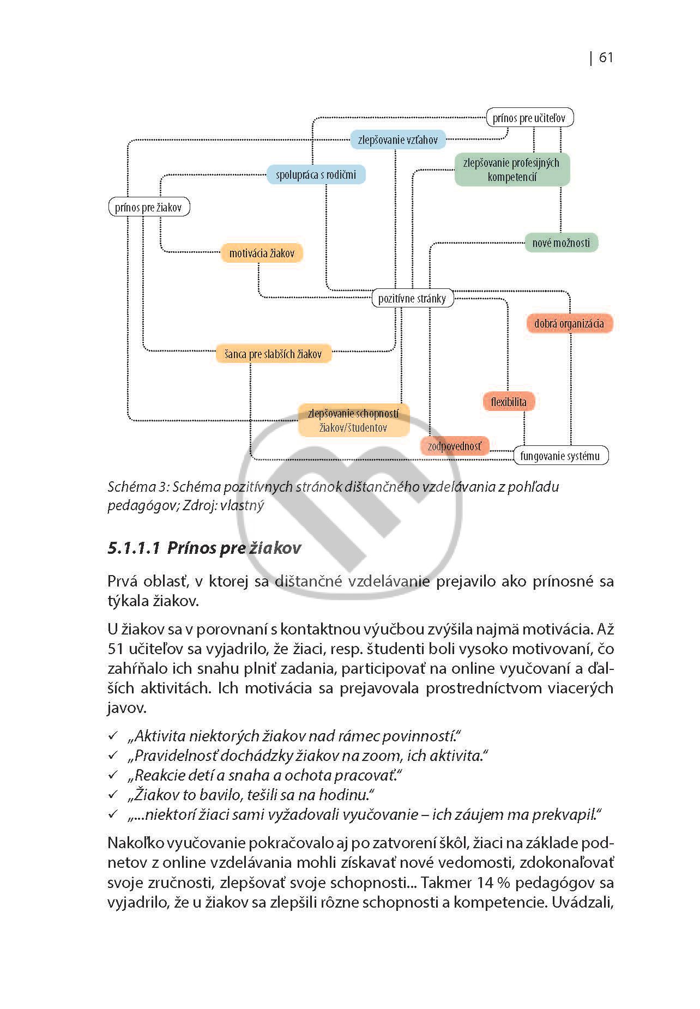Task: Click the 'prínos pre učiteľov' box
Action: pos(529,118)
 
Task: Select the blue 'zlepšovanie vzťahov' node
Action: pos(397,140)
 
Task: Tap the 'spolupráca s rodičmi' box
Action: pos(316,174)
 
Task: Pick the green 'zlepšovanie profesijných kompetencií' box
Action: pos(512,170)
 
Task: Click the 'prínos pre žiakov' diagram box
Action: pos(149,207)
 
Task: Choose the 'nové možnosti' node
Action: pos(561,243)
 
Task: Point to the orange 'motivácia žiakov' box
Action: pos(262,253)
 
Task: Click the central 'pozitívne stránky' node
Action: pos(412,298)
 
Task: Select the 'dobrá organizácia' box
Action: pos(569,323)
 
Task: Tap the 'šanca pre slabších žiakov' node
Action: pos(273,354)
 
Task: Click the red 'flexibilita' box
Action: pos(509,402)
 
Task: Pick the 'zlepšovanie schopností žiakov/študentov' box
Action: pos(353,420)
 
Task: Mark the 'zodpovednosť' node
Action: pos(455,446)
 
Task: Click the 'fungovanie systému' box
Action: pos(560,456)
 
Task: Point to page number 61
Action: pos(606,58)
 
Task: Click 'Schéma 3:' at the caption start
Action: pos(138,487)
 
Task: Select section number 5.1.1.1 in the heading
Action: pos(134,548)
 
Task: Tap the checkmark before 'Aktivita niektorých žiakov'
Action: pos(113,736)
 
